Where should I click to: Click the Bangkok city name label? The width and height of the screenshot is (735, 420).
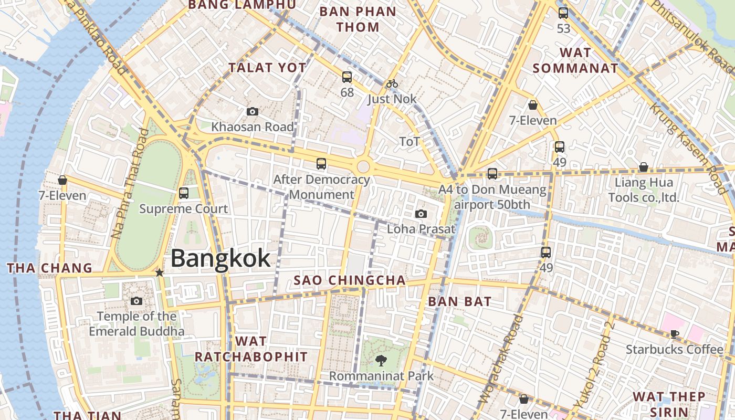(x=220, y=258)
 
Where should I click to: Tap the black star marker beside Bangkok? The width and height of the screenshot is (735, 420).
(x=160, y=272)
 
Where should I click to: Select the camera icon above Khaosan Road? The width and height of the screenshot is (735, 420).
(x=253, y=111)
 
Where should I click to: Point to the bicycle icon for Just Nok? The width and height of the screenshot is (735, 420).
(x=392, y=83)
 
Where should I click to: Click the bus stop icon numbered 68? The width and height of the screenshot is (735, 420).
(x=347, y=77)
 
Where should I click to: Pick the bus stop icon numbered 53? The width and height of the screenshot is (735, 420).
(x=563, y=13)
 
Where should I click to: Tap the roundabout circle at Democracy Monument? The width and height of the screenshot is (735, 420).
(x=363, y=167)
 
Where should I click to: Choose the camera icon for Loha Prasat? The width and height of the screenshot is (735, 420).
(x=421, y=214)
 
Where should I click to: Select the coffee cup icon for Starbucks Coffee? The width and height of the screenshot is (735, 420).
(x=675, y=334)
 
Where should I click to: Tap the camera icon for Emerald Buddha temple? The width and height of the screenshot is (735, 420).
(x=136, y=301)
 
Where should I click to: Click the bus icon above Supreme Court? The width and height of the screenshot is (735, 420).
(x=184, y=193)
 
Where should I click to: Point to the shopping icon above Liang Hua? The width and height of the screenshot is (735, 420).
(x=643, y=167)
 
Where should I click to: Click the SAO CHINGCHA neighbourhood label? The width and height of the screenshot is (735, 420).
(x=350, y=280)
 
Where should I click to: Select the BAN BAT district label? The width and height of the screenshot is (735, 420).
(x=460, y=301)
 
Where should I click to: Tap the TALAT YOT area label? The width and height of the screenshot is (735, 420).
(x=268, y=68)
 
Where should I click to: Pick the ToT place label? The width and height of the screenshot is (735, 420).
(x=409, y=142)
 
